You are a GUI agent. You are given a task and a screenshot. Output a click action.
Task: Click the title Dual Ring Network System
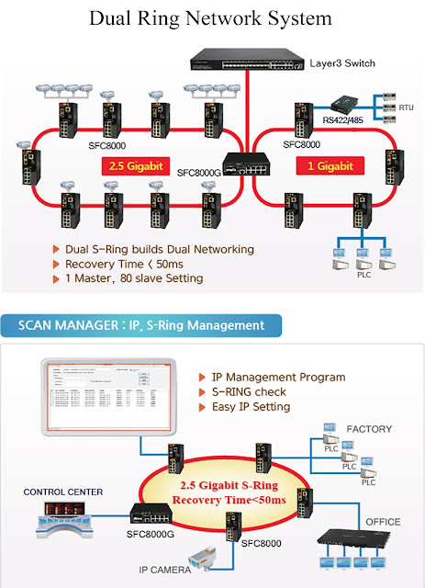(x=212, y=19)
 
